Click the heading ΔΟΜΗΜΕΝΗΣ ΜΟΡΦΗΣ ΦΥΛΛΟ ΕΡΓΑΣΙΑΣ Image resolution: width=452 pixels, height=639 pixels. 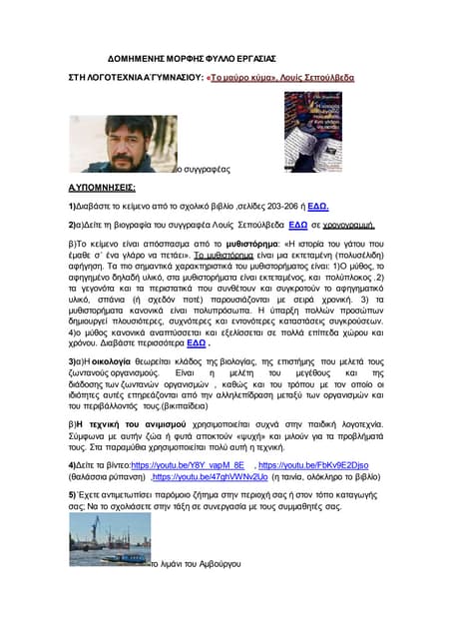[191, 59]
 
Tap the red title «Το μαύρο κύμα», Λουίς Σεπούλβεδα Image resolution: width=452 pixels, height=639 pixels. [279, 77]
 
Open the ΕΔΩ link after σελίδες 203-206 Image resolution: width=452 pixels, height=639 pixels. [318, 205]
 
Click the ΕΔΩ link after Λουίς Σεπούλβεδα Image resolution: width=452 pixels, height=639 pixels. [296, 226]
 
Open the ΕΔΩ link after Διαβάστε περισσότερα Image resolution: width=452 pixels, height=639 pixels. [198, 342]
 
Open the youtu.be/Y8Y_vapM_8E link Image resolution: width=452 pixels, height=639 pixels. [188, 466]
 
